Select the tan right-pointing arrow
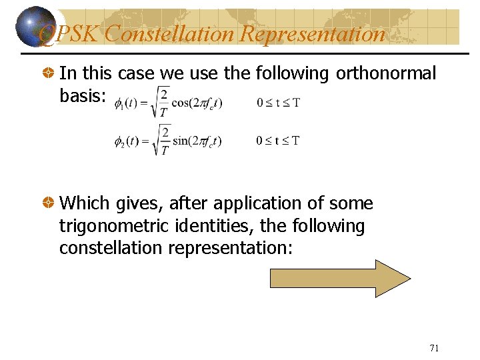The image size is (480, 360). tap(340, 279)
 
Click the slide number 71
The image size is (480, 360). tap(434, 348)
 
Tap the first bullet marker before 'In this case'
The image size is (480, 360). tap(49, 74)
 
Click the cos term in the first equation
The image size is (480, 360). tap(197, 103)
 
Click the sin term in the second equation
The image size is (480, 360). tap(197, 141)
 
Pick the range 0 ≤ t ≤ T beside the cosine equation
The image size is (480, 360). tap(278, 103)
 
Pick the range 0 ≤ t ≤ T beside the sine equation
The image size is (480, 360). tap(278, 141)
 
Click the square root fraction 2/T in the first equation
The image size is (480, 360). tap(162, 101)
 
